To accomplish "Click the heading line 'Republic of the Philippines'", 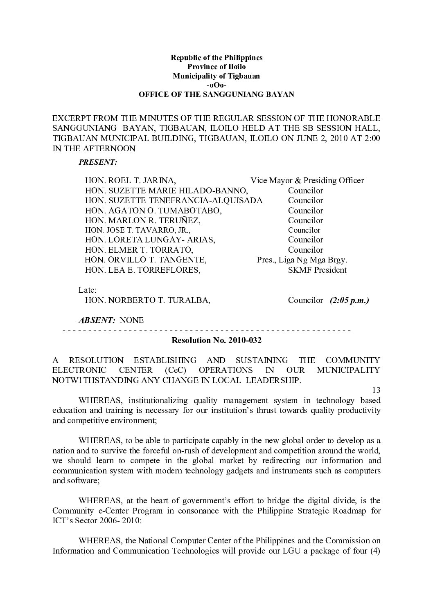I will [216, 58].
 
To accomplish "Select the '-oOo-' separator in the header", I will [216, 85].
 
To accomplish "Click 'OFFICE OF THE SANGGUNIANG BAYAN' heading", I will [216, 94].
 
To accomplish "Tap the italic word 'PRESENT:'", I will [98, 162].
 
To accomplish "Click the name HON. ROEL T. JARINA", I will [131, 180].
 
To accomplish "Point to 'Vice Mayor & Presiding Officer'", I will [307, 180].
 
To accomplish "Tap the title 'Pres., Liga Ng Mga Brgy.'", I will [302, 260].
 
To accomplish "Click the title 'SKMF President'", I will [317, 270].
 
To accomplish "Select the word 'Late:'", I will [87, 290].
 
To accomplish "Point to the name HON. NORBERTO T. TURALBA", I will [147, 300].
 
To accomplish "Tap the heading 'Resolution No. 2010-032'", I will [216, 340].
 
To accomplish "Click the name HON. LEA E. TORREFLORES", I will [142, 270].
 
